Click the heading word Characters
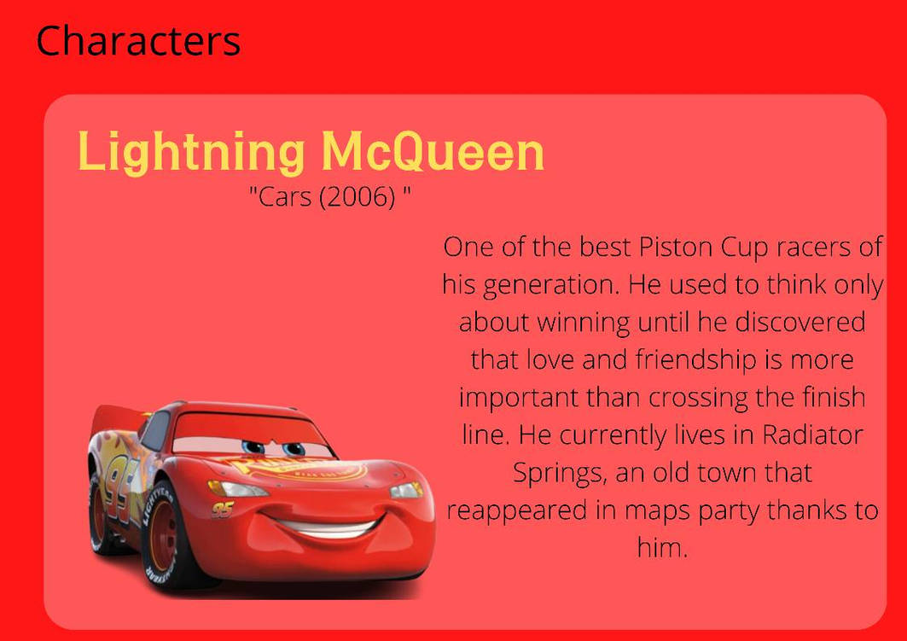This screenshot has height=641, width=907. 138,40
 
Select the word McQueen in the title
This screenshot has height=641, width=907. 433,152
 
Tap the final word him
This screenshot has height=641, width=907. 662,548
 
